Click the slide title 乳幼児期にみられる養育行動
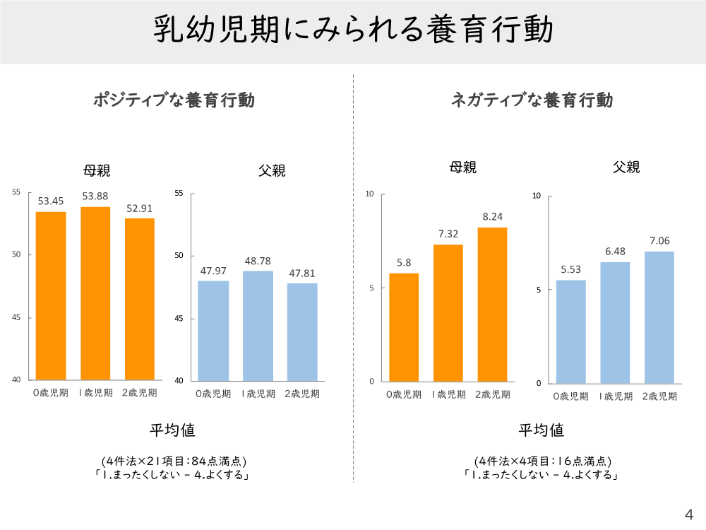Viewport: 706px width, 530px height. [353, 31]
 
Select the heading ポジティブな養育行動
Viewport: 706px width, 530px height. [174, 100]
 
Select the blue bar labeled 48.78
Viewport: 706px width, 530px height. [258, 326]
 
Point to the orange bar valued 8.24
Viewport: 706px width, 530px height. [492, 304]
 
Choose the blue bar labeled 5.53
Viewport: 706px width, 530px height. [570, 331]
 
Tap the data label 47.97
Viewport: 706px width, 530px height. [213, 271]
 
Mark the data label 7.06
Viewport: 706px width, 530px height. [659, 241]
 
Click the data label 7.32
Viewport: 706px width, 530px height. [448, 234]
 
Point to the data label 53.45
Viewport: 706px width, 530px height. [52, 201]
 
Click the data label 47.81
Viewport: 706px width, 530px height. [302, 273]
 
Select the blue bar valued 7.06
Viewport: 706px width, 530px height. [659, 317]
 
